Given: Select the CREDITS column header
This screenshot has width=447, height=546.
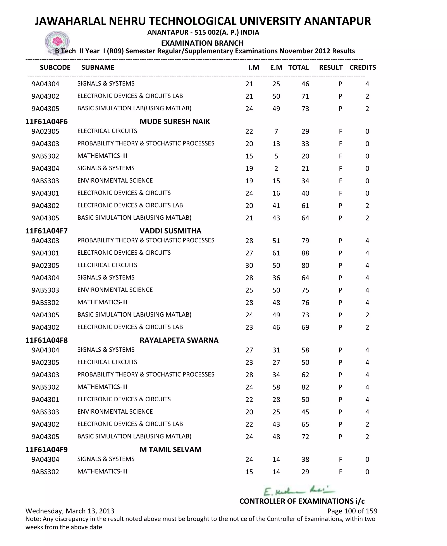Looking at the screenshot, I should pos(363,67).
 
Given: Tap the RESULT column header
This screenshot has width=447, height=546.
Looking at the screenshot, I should pos(331,67).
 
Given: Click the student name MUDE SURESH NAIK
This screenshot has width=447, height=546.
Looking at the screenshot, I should pos(175,122).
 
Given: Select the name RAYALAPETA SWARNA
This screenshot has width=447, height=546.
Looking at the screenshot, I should pos(179,340).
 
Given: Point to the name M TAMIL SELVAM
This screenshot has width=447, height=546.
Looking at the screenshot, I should pos(170,450).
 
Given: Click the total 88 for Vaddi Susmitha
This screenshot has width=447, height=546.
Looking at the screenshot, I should pos(305,253).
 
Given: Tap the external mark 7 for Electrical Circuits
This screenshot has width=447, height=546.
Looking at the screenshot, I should pos(276,132).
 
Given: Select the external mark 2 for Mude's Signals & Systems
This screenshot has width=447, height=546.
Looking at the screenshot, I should pos(276,169).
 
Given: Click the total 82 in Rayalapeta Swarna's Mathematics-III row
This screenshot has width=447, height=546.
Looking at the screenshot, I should pos(305,387).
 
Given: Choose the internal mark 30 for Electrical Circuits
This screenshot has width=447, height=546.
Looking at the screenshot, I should pos(249,265).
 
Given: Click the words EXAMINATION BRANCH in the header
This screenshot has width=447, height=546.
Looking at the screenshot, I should pos(202,43).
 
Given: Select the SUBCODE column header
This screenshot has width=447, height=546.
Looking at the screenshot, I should pos(55,67).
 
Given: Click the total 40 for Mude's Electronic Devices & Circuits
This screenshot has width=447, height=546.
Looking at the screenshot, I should pos(305,193).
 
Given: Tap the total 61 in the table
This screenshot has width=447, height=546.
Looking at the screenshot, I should pos(305,205).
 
